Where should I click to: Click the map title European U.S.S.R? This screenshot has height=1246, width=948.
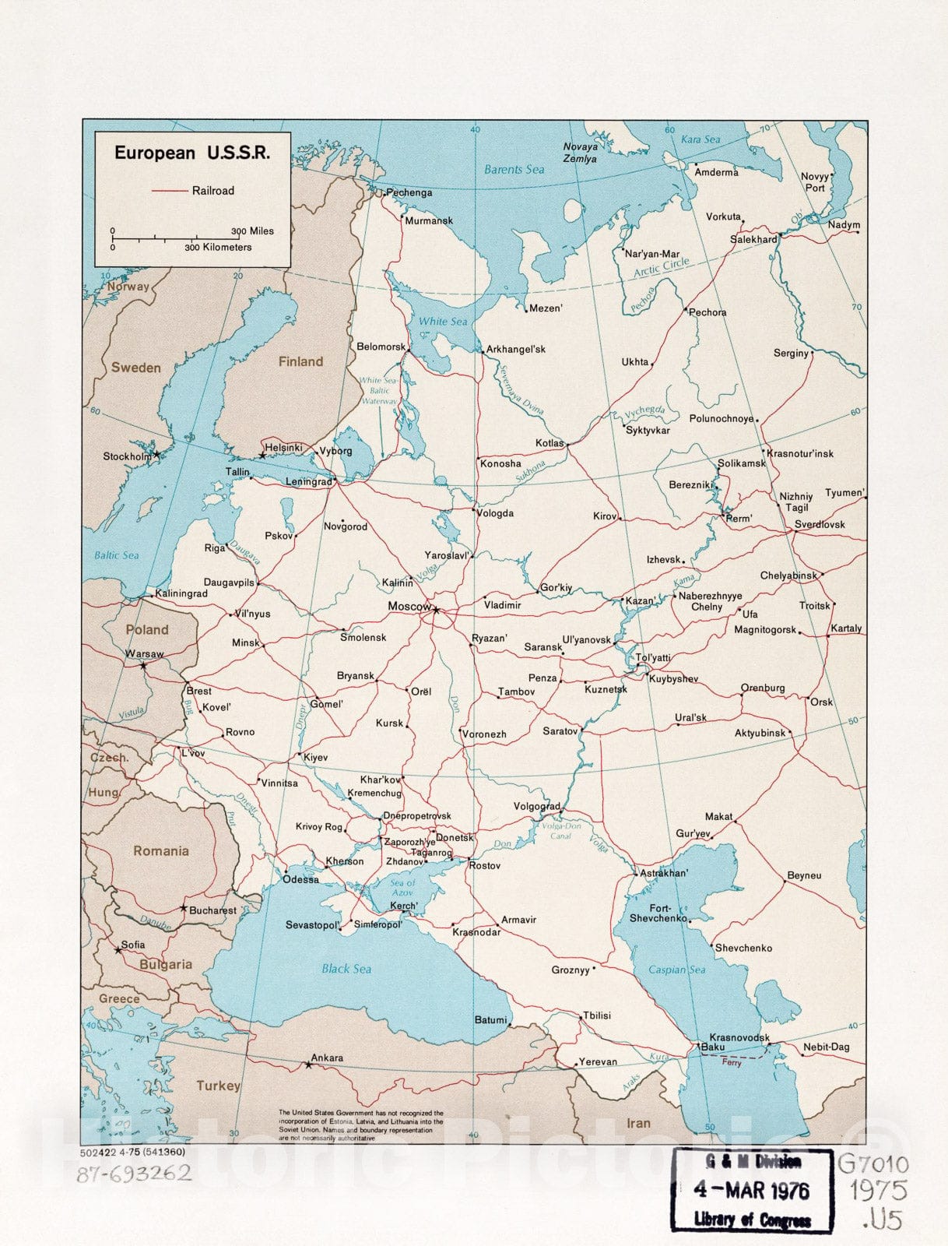[192, 153]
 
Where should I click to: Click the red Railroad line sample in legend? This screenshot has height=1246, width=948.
[170, 191]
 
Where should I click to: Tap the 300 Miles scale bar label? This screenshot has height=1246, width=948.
[252, 231]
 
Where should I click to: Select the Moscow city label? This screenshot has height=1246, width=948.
[409, 606]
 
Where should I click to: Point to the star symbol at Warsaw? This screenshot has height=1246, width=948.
[143, 666]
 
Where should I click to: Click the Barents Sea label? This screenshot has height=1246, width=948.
[514, 169]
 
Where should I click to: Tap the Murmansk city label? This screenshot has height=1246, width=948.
[429, 220]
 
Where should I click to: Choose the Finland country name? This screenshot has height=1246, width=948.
[300, 361]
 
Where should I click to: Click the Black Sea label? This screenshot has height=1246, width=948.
[346, 969]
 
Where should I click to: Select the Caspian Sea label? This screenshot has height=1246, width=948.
[677, 970]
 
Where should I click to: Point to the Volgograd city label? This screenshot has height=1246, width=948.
[536, 806]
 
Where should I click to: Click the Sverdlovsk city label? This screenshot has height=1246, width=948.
[820, 524]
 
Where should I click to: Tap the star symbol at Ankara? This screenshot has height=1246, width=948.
[309, 1065]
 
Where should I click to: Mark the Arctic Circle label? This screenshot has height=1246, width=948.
[662, 268]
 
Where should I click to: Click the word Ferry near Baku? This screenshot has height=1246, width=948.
[732, 1062]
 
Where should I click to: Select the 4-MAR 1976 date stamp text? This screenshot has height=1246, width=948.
[751, 1190]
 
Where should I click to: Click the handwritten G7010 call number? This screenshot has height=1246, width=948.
[873, 1164]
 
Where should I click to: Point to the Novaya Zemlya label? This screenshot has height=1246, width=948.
[581, 153]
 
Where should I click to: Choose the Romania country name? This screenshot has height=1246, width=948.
[161, 851]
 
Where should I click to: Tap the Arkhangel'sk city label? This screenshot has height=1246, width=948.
[515, 349]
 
